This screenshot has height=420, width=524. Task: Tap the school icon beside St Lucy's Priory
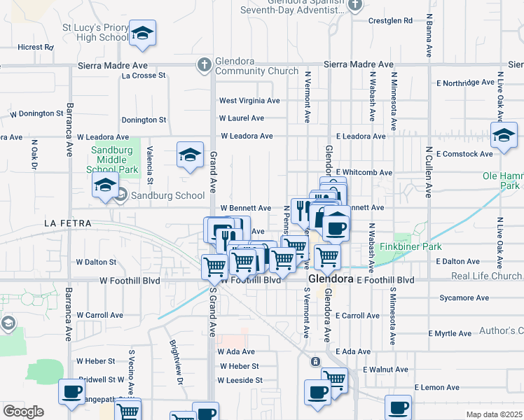[x=142, y=34]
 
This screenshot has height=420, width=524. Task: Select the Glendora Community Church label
[x=257, y=66]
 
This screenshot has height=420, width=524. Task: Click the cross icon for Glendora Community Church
[x=204, y=65]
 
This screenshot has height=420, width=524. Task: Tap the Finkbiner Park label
[x=411, y=248]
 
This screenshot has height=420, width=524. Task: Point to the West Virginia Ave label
[x=249, y=101]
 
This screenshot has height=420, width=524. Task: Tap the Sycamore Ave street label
[x=464, y=298]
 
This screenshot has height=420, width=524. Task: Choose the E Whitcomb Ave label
[x=364, y=172]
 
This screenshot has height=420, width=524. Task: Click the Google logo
[x=23, y=412]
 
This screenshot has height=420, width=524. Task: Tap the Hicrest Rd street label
[x=36, y=48]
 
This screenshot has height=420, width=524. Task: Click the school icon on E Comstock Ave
[x=504, y=136]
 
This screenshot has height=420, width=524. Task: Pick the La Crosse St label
[x=144, y=76]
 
